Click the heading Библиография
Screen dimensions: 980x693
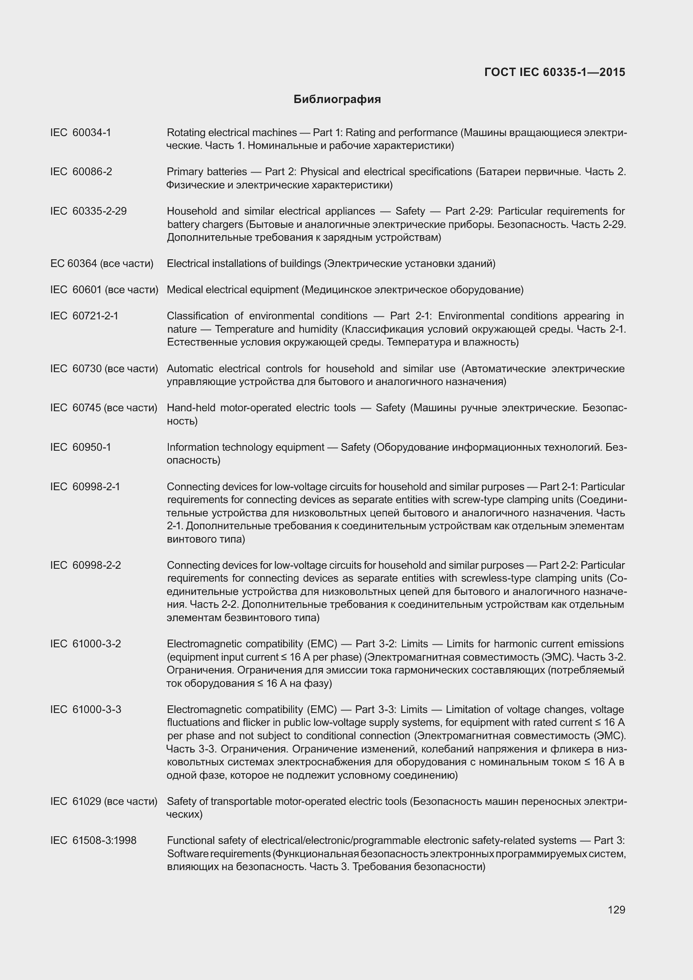pyautogui.click(x=337, y=100)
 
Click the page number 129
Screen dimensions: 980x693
pyautogui.click(x=616, y=910)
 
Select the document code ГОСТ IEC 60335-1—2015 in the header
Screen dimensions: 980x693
pyautogui.click(x=554, y=72)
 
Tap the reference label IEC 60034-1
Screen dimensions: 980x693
pyautogui.click(x=81, y=133)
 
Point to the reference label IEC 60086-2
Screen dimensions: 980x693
pyautogui.click(x=81, y=172)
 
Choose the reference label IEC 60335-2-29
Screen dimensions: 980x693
pyautogui.click(x=88, y=211)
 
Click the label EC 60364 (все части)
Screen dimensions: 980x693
pyautogui.click(x=102, y=264)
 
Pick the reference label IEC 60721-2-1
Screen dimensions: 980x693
pyautogui.click(x=84, y=316)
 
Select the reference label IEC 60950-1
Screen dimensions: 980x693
pyautogui.click(x=81, y=447)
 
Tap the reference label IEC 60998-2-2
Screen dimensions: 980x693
pyautogui.click(x=85, y=565)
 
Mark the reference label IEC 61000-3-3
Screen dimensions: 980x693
pyautogui.click(x=85, y=710)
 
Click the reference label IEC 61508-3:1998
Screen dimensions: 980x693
pyautogui.click(x=93, y=840)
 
